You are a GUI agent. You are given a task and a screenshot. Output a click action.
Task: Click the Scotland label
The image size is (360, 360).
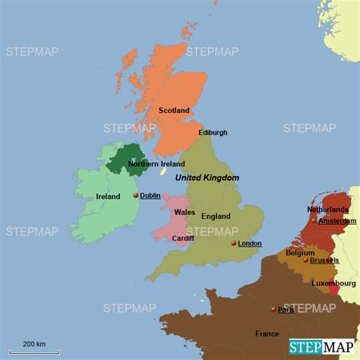(x=174, y=110)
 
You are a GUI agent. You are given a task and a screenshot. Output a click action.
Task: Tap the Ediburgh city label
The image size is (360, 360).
(x=213, y=132)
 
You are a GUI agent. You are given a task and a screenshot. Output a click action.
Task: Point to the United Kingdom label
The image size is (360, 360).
(x=207, y=177)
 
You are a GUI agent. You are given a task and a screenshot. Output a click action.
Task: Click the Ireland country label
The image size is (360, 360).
(x=108, y=196)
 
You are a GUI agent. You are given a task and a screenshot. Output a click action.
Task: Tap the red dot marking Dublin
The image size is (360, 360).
(x=136, y=195)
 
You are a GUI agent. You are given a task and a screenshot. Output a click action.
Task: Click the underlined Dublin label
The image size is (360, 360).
(x=150, y=195)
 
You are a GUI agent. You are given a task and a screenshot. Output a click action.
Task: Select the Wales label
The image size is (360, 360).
(x=185, y=212)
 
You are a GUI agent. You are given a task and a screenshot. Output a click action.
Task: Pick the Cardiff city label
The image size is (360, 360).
(x=183, y=238)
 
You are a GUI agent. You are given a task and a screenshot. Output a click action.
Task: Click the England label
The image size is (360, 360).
(x=216, y=216)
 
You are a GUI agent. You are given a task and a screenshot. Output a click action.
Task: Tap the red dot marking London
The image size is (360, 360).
(x=234, y=243)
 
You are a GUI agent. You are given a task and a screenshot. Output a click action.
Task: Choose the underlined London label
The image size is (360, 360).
(x=250, y=243)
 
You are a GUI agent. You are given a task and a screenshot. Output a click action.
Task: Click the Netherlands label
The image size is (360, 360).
(x=327, y=209)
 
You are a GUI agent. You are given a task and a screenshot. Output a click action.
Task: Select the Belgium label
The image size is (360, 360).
(x=301, y=252)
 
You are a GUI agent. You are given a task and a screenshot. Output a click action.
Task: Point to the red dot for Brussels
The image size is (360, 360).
(x=306, y=260)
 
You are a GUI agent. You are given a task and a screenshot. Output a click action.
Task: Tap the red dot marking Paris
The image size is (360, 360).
(x=273, y=309)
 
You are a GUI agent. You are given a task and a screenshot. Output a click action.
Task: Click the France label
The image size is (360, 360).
(x=267, y=333)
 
